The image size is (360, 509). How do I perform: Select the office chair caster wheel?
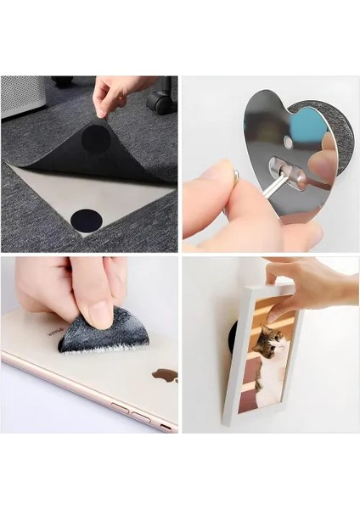(159, 103)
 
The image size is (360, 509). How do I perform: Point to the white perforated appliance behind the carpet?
(21, 95)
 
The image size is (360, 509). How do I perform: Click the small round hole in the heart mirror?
(288, 143)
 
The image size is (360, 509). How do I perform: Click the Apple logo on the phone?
(163, 374)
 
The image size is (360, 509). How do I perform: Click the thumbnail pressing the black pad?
(101, 315)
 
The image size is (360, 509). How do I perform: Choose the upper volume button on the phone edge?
(119, 408)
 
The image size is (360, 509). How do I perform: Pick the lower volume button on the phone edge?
(141, 417)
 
